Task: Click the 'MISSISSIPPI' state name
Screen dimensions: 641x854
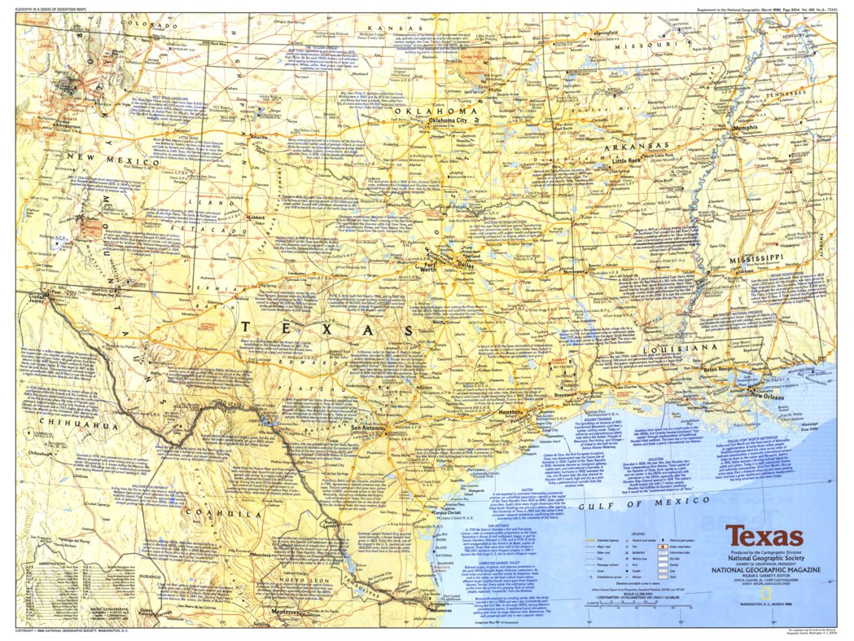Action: click(x=749, y=257)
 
